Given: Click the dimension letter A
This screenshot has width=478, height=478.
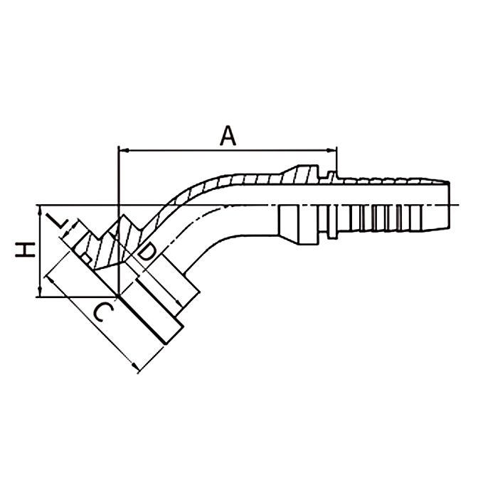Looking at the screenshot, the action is (x=228, y=137).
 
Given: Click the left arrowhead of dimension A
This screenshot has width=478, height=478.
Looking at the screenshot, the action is (x=122, y=150).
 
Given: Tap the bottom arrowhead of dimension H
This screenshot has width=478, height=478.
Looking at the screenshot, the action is (x=40, y=292).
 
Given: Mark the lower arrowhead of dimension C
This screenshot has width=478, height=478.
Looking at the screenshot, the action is (x=134, y=366).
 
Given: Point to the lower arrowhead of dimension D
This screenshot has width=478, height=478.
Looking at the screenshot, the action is (x=179, y=303).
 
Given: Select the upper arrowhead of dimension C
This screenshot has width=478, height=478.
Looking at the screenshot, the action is (x=50, y=280).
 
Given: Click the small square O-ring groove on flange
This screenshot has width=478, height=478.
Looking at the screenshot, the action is (x=86, y=260).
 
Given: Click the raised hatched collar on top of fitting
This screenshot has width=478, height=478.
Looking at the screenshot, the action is (x=302, y=174).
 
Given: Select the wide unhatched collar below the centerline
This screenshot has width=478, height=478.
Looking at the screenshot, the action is (x=299, y=225).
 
